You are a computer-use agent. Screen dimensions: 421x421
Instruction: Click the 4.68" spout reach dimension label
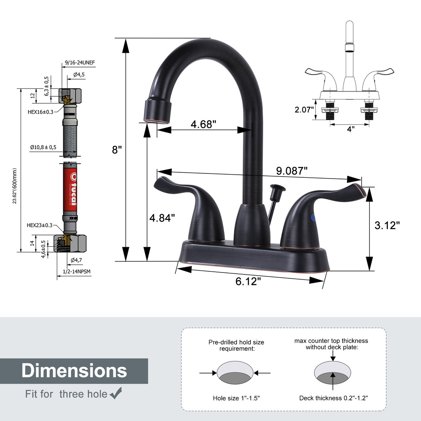[x=203, y=124]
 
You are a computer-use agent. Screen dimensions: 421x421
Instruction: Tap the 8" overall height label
[x=117, y=150]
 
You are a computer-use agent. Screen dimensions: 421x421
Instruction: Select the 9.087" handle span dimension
[x=292, y=171]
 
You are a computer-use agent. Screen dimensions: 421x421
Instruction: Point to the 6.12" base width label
[x=248, y=281]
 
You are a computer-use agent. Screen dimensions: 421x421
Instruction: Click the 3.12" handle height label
[x=387, y=225]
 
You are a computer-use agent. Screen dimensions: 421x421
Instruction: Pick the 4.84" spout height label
[x=162, y=218]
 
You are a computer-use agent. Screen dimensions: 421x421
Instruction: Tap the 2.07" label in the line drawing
[x=304, y=110]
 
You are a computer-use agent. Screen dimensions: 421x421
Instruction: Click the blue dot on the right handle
[x=313, y=218]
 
